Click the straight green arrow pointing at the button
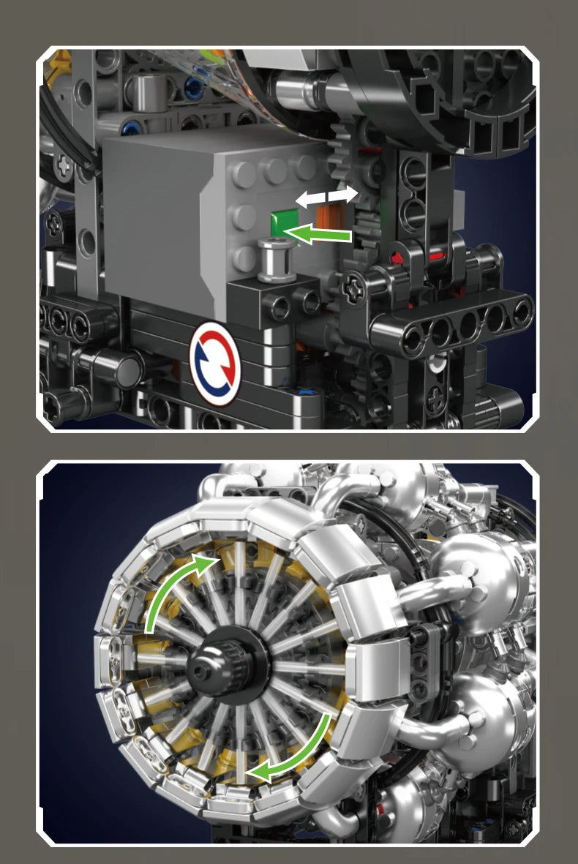click(322, 235)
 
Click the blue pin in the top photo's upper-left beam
click(192, 90)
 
